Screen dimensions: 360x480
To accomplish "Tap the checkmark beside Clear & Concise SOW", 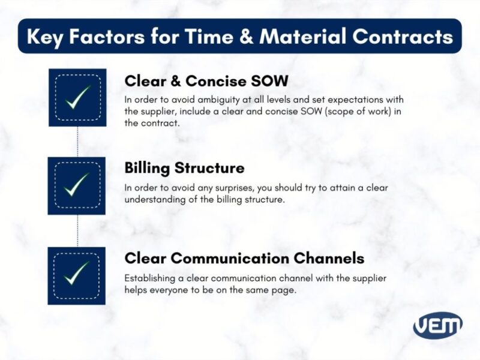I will [77, 97].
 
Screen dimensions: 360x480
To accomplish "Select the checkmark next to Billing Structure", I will [77, 185].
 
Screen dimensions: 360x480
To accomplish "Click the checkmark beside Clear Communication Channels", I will [77, 275].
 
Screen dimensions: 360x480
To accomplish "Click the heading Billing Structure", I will [184, 167].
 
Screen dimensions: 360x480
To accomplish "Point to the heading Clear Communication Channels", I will [244, 258].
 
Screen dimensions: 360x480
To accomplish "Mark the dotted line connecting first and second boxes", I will [77, 142].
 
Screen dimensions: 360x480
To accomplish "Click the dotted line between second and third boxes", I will [77, 230].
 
